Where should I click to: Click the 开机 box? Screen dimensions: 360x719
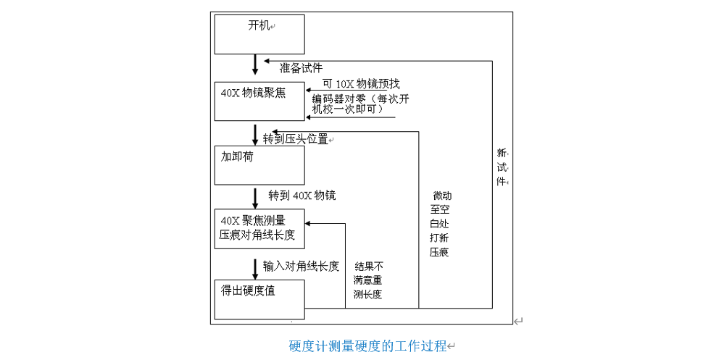[259, 34]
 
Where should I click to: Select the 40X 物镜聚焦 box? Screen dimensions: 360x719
[259, 100]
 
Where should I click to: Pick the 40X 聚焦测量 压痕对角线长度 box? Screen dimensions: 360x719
[259, 227]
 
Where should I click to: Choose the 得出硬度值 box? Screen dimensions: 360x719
[259, 298]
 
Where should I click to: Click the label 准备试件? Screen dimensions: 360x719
[301, 68]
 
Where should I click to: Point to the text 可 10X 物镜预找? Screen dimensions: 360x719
[361, 83]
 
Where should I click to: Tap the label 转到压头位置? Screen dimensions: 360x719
[296, 138]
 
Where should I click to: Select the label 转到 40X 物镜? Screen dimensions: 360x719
[302, 196]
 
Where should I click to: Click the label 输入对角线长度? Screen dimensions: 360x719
[301, 266]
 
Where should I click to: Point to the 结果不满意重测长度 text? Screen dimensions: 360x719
[368, 280]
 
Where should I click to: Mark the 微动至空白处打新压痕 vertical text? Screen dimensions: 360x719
[439, 224]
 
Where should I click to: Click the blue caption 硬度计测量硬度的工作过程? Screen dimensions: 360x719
[367, 346]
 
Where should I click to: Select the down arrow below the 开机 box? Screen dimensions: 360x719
[255, 64]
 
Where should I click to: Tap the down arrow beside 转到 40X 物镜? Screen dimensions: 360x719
[255, 197]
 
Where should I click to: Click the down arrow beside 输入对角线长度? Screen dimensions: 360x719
[255, 268]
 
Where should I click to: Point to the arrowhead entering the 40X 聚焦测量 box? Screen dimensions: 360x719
[309, 222]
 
